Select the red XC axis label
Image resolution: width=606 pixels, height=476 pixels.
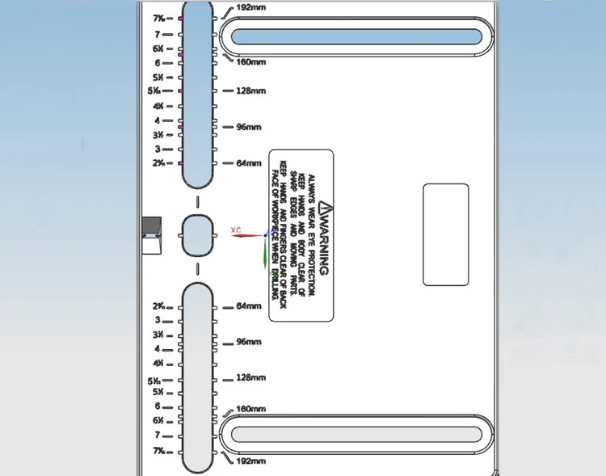[x=236, y=230]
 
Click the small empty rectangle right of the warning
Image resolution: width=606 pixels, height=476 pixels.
[x=445, y=234]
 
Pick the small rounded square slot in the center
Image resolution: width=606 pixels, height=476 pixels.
[x=198, y=235]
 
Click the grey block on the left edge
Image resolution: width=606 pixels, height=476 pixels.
[x=151, y=234]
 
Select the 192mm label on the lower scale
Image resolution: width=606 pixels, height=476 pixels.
[x=250, y=461]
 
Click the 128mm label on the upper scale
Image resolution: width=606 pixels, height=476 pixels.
[x=250, y=91]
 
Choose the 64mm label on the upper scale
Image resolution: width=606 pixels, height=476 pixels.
[x=249, y=163]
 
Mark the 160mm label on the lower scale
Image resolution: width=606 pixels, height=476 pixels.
[x=250, y=410]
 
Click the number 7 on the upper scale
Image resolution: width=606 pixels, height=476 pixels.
[x=158, y=35]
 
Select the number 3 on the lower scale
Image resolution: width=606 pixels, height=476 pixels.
[x=158, y=320]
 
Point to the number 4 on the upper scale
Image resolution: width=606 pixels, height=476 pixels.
[x=158, y=120]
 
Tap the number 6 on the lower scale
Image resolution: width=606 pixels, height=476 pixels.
[x=158, y=406]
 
